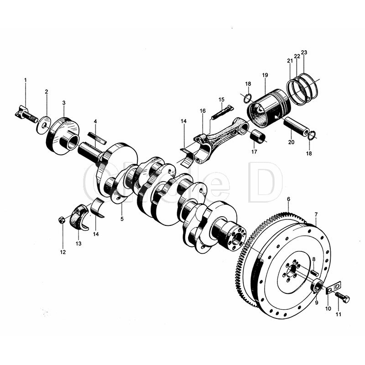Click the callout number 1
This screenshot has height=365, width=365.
26,80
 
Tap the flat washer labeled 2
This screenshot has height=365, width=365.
44,125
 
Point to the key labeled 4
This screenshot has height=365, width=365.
97,138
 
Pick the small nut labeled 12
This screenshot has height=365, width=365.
61,220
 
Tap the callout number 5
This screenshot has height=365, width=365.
122,219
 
